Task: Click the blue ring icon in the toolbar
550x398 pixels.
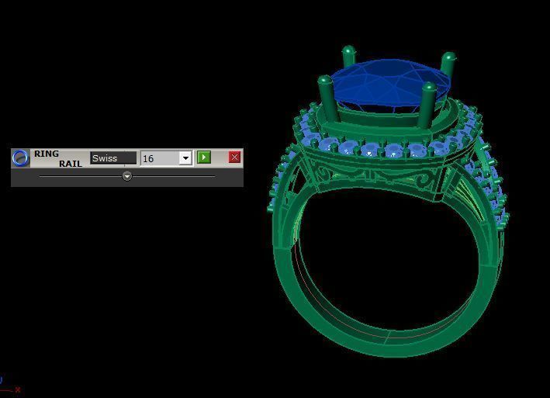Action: [x=21, y=158]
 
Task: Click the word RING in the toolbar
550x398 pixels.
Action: [x=47, y=154]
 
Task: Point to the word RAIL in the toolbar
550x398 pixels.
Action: [x=70, y=164]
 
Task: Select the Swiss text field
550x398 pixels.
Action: [x=112, y=158]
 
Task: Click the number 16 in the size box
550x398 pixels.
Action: [x=149, y=158]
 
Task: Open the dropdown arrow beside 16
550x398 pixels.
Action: [x=185, y=158]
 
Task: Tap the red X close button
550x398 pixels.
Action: [x=234, y=157]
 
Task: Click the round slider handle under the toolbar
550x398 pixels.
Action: [x=127, y=176]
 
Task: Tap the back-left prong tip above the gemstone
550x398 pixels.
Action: [x=348, y=52]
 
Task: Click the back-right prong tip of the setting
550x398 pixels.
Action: [x=448, y=58]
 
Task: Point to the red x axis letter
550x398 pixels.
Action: [x=17, y=389]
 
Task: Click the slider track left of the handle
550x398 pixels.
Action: [x=78, y=176]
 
